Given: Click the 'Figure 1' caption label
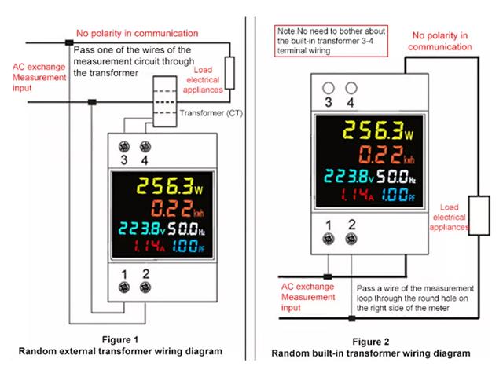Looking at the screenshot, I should (x=120, y=340).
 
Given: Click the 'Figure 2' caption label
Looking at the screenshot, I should (x=371, y=342).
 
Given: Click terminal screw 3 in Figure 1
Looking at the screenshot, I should (x=124, y=146).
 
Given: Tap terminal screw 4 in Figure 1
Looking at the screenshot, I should (x=144, y=146).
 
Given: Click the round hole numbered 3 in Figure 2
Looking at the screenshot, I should (x=329, y=89).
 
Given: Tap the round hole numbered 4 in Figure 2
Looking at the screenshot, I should (x=351, y=89).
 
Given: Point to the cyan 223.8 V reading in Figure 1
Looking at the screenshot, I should (x=141, y=230).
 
